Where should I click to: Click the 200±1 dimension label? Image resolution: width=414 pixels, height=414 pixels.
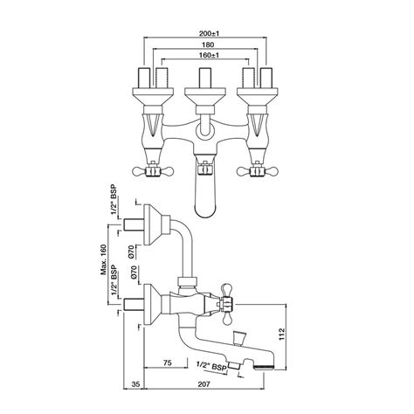[209, 33]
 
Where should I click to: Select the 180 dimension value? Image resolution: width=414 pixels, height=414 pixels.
[208, 45]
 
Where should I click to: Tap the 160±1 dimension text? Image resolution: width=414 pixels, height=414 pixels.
[209, 55]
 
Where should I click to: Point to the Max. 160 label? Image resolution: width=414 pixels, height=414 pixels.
[104, 260]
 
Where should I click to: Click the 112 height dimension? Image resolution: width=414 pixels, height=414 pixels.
[282, 334]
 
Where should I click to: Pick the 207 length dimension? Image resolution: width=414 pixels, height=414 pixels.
[204, 384]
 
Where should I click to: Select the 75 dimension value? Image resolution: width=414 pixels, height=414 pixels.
[168, 362]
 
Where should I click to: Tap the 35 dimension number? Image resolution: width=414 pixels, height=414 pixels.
[136, 384]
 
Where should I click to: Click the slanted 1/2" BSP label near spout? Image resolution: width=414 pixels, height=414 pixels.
[211, 366]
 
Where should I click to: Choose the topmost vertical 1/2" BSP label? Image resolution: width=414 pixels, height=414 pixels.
[114, 200]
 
